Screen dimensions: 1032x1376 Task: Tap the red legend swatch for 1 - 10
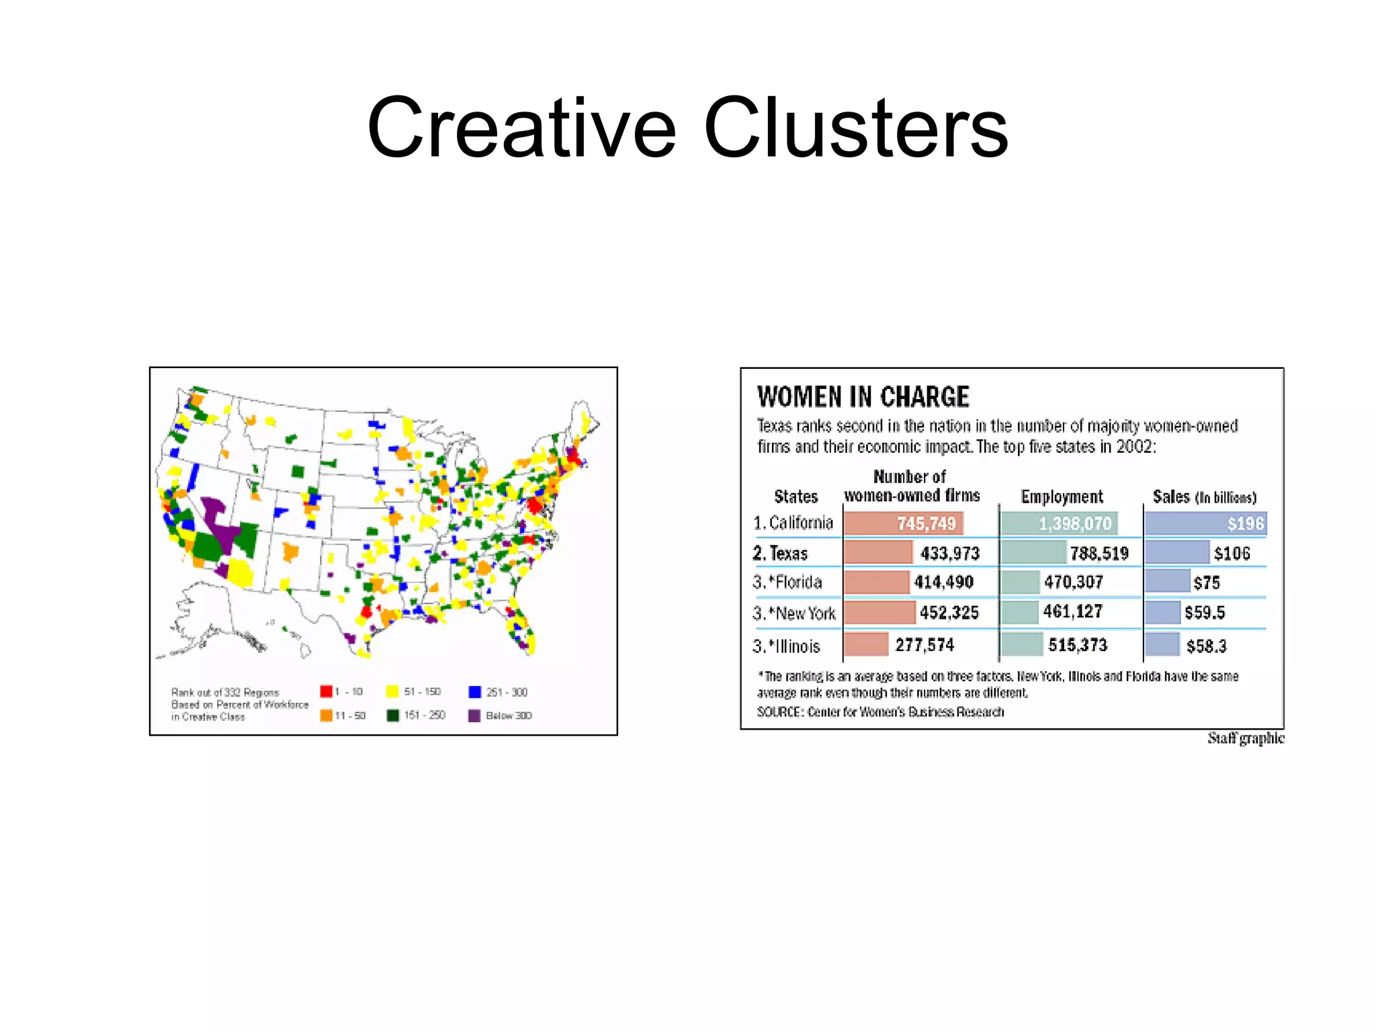point(326,691)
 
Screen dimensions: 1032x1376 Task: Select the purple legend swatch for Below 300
point(474,716)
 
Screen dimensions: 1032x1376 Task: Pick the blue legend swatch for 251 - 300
point(474,691)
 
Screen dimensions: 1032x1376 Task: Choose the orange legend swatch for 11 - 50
point(326,716)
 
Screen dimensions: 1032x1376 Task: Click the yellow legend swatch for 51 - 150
point(392,691)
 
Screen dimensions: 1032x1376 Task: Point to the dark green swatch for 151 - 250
point(392,716)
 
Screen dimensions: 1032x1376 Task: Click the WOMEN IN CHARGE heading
point(863,397)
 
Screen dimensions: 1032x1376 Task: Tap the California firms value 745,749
point(926,523)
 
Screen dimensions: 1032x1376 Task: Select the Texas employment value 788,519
point(1099,554)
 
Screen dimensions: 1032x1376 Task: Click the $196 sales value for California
point(1245,523)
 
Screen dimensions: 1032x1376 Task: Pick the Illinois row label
point(787,646)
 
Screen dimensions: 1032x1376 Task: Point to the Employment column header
point(1062,497)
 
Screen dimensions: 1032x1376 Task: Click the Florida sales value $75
point(1206,583)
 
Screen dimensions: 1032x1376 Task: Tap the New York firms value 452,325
point(949,613)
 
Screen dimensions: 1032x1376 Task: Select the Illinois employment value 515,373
point(1077,645)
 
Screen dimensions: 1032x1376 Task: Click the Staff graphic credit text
point(1245,738)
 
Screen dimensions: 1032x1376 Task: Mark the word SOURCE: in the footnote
point(779,712)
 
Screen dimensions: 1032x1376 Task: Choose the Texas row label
point(781,554)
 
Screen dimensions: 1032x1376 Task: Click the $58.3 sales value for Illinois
point(1206,646)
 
